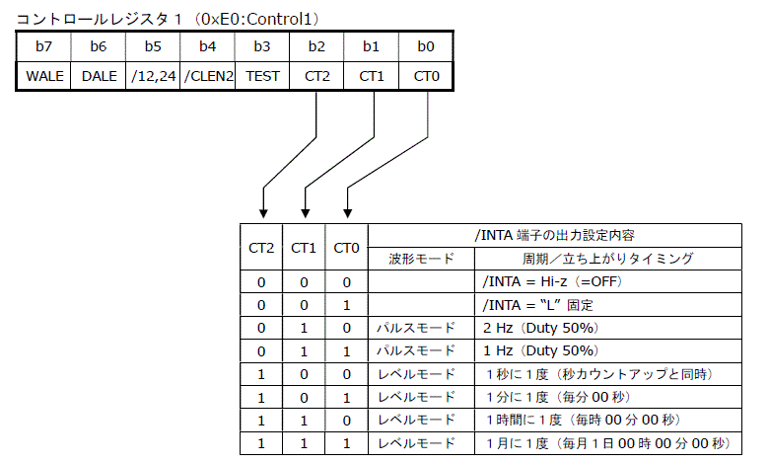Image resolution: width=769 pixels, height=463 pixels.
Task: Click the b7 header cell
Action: (x=43, y=45)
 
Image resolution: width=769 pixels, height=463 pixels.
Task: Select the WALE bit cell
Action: (x=43, y=75)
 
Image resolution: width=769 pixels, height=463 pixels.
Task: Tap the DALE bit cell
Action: (x=98, y=75)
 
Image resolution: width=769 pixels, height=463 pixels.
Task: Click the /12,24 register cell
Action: (x=153, y=75)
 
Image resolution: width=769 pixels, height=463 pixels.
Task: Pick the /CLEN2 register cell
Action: (x=208, y=75)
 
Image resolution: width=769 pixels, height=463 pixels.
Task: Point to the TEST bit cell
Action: (x=262, y=75)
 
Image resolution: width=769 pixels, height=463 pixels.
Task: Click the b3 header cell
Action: (x=262, y=45)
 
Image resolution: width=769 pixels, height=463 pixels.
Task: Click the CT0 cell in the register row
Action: (x=426, y=75)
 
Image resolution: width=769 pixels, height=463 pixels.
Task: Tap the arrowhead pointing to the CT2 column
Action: (x=262, y=209)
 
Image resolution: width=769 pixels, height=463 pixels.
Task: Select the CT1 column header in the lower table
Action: (x=304, y=248)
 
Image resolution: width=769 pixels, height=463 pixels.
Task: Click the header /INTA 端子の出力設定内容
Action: (x=554, y=236)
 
